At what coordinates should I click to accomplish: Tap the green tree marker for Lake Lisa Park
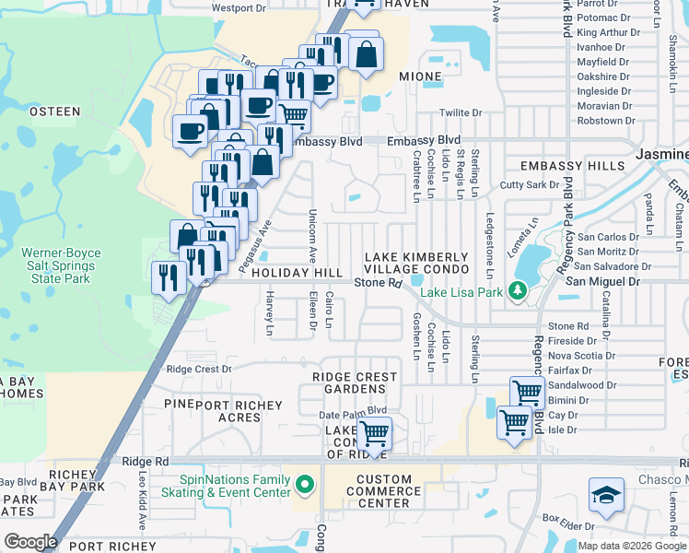(518, 291)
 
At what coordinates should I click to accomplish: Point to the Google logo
(30, 542)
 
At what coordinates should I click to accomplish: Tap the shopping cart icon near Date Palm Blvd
(374, 431)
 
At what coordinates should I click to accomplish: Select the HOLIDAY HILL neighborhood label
(296, 273)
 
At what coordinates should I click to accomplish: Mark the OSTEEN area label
(54, 112)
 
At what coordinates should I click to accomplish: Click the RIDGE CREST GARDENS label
(355, 382)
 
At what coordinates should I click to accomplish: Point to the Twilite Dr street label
(461, 112)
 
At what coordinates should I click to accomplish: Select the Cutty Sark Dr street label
(529, 184)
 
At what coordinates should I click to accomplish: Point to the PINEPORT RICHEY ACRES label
(224, 411)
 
